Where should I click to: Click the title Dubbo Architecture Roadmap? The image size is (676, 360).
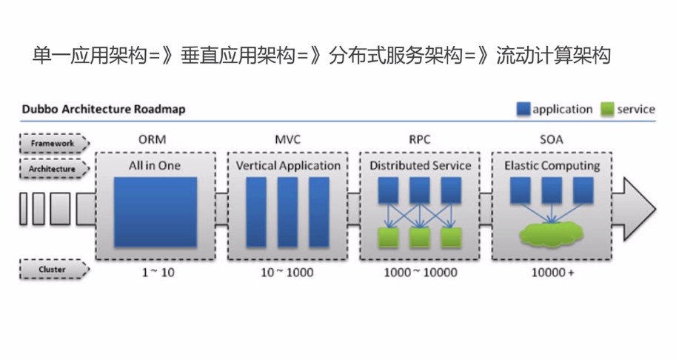(104, 110)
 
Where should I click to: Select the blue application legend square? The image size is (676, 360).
(523, 110)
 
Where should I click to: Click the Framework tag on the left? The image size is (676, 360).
(53, 142)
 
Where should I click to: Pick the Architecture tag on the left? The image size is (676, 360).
(53, 169)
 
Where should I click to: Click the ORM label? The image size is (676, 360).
(155, 139)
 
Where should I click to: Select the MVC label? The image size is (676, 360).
(287, 139)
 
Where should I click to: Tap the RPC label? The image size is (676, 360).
(420, 139)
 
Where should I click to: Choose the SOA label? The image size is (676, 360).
(552, 139)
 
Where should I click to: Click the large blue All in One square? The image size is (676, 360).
(155, 212)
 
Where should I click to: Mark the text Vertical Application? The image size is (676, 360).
(288, 166)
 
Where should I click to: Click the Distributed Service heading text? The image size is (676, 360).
(420, 166)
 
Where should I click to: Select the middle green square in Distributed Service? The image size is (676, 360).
(420, 237)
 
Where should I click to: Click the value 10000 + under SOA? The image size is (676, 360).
(552, 273)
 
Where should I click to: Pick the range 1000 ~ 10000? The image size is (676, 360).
(420, 273)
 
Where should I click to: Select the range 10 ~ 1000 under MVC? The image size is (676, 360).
(287, 273)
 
